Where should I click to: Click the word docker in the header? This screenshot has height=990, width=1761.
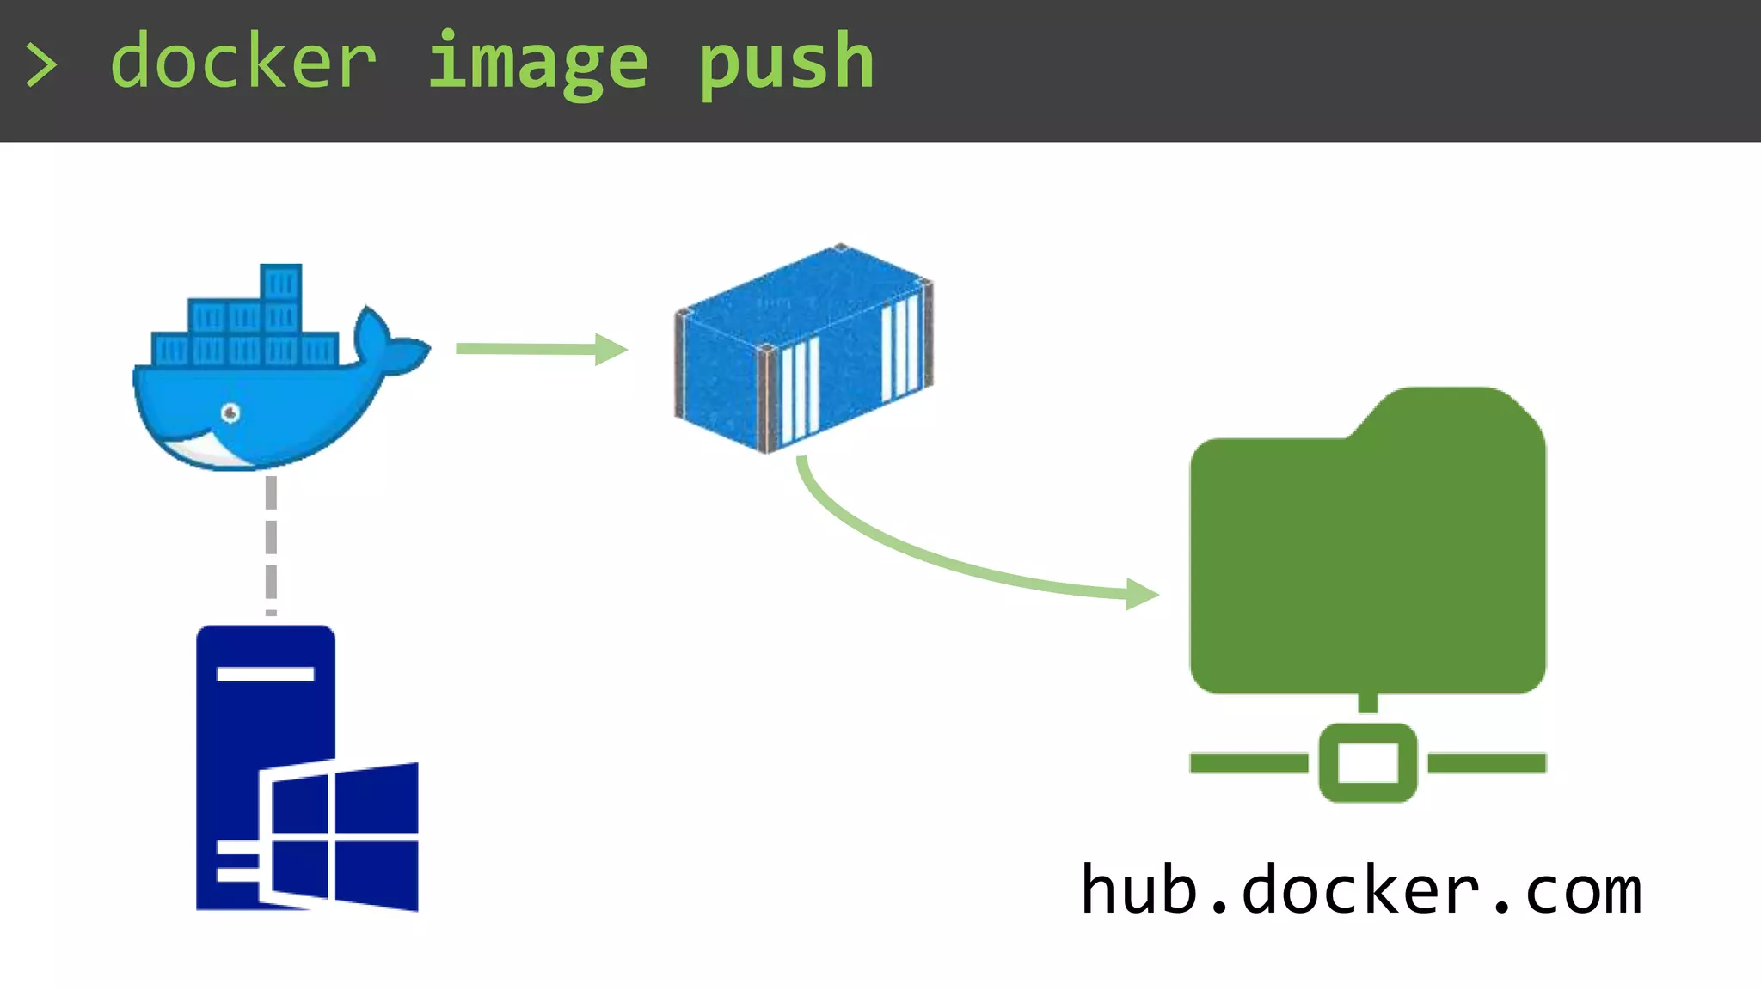tap(243, 62)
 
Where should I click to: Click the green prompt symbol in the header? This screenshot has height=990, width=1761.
tap(41, 65)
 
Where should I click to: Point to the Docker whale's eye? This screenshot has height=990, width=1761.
tap(230, 413)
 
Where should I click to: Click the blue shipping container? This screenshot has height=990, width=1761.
tap(803, 349)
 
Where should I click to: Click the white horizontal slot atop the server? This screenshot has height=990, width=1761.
tap(265, 674)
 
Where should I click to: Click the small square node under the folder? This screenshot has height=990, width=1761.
tap(1367, 762)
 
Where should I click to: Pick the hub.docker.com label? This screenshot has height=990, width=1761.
tap(1361, 890)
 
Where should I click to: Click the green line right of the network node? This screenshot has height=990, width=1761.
tap(1487, 762)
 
